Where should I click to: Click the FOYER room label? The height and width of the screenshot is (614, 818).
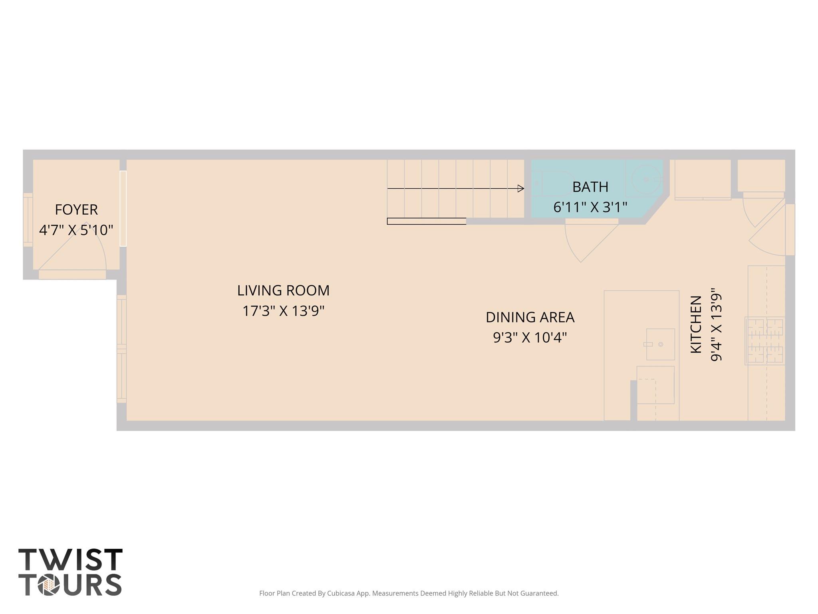pyautogui.click(x=76, y=209)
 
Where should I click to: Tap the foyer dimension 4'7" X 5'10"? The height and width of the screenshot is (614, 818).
pyautogui.click(x=76, y=230)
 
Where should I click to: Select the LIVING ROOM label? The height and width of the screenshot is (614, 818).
pyautogui.click(x=283, y=290)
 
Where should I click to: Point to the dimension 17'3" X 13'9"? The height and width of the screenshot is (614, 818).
pyautogui.click(x=283, y=311)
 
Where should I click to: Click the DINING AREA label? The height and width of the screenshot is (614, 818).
pyautogui.click(x=530, y=317)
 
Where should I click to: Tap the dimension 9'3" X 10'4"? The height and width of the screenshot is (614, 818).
pyautogui.click(x=530, y=338)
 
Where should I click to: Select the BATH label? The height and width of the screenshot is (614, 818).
pyautogui.click(x=590, y=187)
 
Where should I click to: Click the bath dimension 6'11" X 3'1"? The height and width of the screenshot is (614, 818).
pyautogui.click(x=590, y=207)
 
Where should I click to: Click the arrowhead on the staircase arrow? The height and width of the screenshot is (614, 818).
pyautogui.click(x=520, y=188)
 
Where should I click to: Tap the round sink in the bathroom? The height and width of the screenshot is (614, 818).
pyautogui.click(x=646, y=180)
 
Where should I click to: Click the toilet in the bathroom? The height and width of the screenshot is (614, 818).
pyautogui.click(x=553, y=183)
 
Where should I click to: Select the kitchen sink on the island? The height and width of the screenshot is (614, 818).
pyautogui.click(x=660, y=344)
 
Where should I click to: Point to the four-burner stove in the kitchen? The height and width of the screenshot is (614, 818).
pyautogui.click(x=765, y=341)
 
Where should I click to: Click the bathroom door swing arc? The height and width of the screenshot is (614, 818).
pyautogui.click(x=575, y=248)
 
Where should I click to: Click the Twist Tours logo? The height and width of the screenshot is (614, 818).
pyautogui.click(x=70, y=572)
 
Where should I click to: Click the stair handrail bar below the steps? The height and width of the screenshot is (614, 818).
pyautogui.click(x=426, y=221)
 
